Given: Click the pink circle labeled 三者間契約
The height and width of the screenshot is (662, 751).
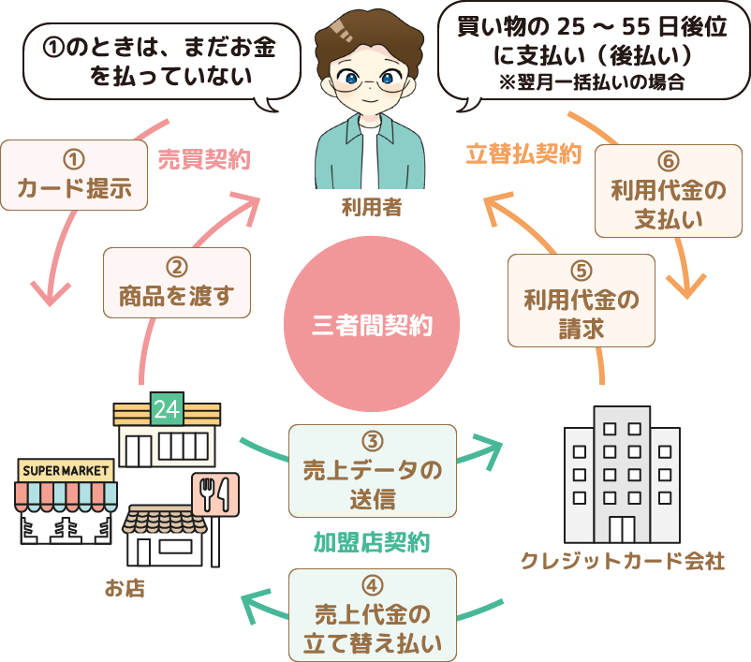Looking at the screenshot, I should pyautogui.click(x=372, y=326).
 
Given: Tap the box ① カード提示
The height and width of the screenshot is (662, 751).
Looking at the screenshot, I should pyautogui.click(x=74, y=175).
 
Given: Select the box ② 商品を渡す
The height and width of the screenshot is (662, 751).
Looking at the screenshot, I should pyautogui.click(x=176, y=283).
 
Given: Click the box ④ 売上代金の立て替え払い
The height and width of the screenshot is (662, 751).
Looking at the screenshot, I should pyautogui.click(x=373, y=615).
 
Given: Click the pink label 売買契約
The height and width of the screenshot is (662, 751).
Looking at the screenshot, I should pyautogui.click(x=203, y=160).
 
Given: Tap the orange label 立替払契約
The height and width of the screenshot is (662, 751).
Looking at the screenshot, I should pyautogui.click(x=523, y=154).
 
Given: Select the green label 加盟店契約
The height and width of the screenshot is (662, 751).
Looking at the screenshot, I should pyautogui.click(x=372, y=541).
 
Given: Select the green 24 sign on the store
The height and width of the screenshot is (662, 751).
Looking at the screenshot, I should pyautogui.click(x=167, y=409).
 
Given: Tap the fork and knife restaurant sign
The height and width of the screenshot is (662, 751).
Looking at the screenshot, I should pyautogui.click(x=215, y=493).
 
